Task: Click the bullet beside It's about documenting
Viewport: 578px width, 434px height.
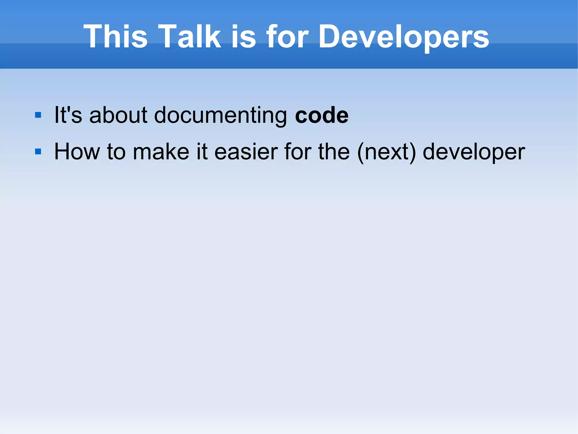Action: [38, 115]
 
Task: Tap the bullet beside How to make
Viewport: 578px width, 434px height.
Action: [38, 152]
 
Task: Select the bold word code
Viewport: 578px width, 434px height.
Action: [321, 115]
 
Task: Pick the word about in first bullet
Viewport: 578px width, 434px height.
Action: [118, 115]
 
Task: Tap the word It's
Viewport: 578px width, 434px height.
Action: [68, 115]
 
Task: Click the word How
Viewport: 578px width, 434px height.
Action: [77, 152]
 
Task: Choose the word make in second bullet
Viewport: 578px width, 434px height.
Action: [161, 152]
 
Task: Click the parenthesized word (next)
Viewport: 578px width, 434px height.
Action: [386, 152]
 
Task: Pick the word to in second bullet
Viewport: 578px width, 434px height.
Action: [116, 152]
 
